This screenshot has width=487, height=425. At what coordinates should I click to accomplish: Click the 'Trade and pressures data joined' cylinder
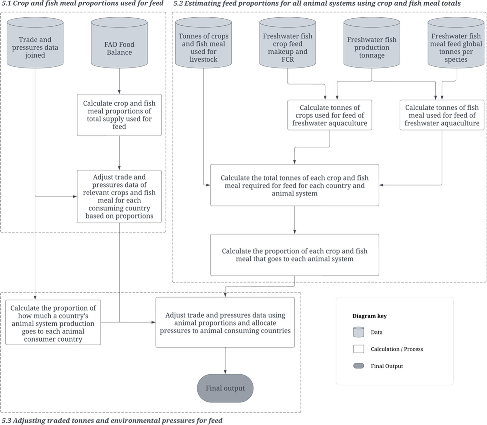tap(35, 42)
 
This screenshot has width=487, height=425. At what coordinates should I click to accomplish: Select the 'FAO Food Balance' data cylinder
tap(119, 42)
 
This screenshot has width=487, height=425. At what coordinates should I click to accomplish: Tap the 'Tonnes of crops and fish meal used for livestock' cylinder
tap(203, 42)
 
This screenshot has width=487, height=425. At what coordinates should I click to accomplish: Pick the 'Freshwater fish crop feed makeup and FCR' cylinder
tap(287, 42)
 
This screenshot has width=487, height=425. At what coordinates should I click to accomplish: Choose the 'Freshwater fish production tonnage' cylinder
tap(372, 42)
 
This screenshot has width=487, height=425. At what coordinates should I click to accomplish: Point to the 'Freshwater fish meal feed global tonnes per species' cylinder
tap(456, 42)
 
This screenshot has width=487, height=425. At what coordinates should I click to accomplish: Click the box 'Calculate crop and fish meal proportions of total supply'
tap(119, 115)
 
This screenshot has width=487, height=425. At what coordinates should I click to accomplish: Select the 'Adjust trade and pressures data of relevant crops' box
tap(119, 196)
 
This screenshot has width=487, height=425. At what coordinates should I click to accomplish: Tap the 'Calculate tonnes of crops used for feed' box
tap(330, 115)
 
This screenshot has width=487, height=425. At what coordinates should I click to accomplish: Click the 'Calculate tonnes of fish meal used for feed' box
tap(442, 115)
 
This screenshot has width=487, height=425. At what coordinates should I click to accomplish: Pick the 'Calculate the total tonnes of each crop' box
tap(295, 185)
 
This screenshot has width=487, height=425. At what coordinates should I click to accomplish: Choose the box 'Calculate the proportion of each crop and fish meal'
tap(295, 255)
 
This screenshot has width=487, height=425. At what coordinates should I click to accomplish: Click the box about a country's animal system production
tap(53, 322)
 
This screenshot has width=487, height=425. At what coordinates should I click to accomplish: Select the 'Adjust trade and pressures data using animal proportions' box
tap(225, 322)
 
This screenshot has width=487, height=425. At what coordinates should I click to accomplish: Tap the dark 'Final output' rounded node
tap(225, 388)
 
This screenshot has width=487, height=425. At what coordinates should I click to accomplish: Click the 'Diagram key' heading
tap(369, 316)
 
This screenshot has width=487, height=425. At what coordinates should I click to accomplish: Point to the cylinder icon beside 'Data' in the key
tap(359, 332)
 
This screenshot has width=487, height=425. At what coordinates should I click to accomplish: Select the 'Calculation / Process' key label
tap(397, 349)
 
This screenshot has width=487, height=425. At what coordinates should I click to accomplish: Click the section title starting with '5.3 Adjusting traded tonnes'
tap(112, 421)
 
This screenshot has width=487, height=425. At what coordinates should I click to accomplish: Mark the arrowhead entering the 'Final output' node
tap(225, 372)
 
